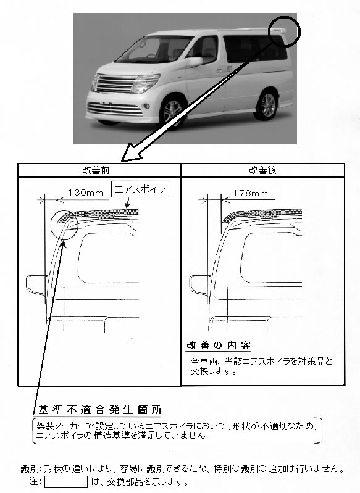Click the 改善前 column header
[96, 170]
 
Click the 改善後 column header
[263, 170]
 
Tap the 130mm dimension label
[85, 193]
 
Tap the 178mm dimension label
[250, 193]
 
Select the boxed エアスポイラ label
[140, 189]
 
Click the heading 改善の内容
[219, 346]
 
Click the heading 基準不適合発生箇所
[100, 410]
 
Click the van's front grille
[114, 84]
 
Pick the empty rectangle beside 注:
[66, 482]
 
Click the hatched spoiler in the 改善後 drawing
[262, 215]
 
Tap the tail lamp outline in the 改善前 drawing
[36, 284]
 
